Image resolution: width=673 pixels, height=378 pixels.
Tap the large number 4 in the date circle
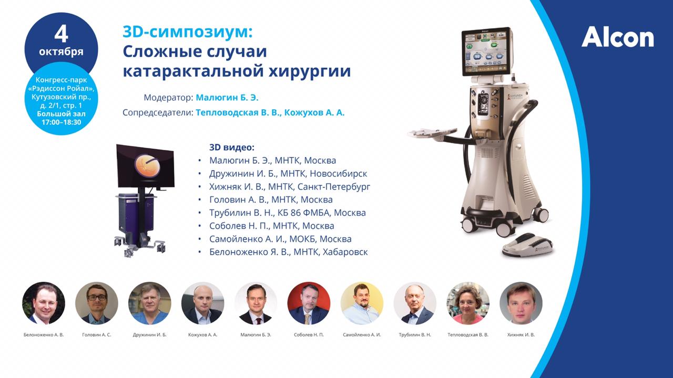(x=62, y=35)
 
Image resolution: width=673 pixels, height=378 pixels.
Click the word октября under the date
(x=61, y=51)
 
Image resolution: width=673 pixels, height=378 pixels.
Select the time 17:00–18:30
(x=62, y=122)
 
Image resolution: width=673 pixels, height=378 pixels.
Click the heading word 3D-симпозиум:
(x=188, y=32)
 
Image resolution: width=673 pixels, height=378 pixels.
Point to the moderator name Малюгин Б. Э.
(x=227, y=98)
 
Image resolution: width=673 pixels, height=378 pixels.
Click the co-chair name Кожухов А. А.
(x=314, y=112)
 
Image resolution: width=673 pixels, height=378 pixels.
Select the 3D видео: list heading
(x=232, y=148)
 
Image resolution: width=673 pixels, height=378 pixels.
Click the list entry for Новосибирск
(x=288, y=173)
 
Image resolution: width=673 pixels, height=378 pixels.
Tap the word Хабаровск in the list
(x=345, y=252)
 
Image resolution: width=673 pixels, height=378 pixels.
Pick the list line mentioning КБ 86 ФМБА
(x=288, y=213)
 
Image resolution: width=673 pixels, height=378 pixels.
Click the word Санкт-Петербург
(x=334, y=186)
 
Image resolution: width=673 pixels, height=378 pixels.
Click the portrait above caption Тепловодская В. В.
(x=468, y=303)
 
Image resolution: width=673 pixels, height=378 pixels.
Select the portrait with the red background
(x=309, y=303)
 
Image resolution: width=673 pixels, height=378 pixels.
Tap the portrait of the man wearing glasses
(x=96, y=303)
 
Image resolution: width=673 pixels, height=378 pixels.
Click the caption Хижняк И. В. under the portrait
(x=521, y=335)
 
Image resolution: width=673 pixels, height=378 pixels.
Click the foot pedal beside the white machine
(x=527, y=245)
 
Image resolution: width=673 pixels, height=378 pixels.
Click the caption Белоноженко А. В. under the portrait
(x=44, y=335)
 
